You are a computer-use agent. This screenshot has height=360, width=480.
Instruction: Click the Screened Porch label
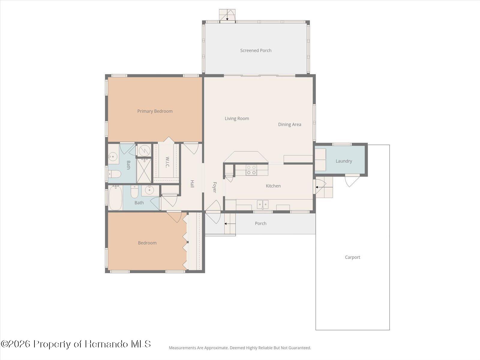tap(256, 50)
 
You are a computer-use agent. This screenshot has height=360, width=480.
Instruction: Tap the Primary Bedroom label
tap(155, 111)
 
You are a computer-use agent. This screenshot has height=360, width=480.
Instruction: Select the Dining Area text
tap(289, 124)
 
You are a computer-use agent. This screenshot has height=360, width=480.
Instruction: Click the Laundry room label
tap(343, 161)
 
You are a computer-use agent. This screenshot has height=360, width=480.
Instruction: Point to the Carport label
tap(352, 257)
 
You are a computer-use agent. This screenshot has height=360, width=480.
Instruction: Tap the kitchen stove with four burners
tap(251, 170)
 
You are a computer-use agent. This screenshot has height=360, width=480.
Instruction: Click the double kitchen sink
tap(262, 204)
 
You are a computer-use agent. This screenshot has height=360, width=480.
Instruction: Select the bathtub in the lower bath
tap(115, 198)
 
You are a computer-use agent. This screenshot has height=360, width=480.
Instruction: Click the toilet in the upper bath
tap(115, 174)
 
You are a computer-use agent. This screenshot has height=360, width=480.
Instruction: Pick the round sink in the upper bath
tap(113, 157)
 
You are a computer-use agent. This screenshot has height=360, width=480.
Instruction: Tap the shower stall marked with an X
tap(144, 171)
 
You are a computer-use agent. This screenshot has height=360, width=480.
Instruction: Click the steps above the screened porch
tap(227, 15)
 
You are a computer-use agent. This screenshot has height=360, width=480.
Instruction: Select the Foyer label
tap(214, 187)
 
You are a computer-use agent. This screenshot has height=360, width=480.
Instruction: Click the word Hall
tap(192, 184)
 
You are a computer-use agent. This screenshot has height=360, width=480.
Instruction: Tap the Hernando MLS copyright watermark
tap(76, 344)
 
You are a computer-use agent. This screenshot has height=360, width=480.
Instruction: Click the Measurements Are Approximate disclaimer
tap(240, 348)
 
